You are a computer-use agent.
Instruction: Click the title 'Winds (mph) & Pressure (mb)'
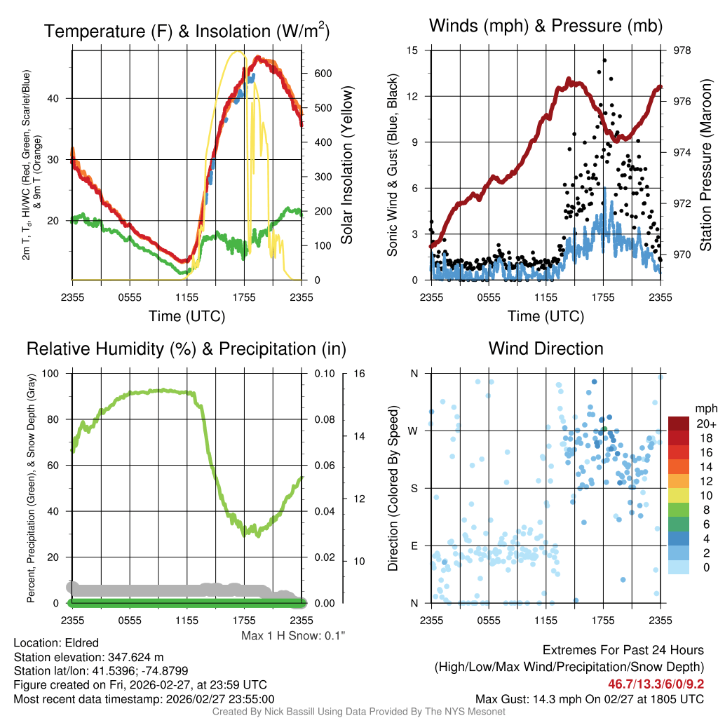point(545,27)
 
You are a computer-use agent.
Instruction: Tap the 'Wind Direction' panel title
point(546,348)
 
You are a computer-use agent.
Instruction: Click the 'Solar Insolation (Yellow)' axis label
point(347,165)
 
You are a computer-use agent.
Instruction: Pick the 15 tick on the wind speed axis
point(412,50)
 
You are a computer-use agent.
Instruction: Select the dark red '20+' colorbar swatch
point(678,424)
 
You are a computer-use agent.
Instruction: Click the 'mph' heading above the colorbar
point(704,408)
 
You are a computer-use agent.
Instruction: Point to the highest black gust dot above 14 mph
point(604,60)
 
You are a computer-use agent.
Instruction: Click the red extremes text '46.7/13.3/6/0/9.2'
point(656,684)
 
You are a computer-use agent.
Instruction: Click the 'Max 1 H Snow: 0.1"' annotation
point(293,636)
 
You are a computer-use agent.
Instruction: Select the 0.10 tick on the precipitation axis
point(324,373)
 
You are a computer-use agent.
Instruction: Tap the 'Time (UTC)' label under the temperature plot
point(187,316)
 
